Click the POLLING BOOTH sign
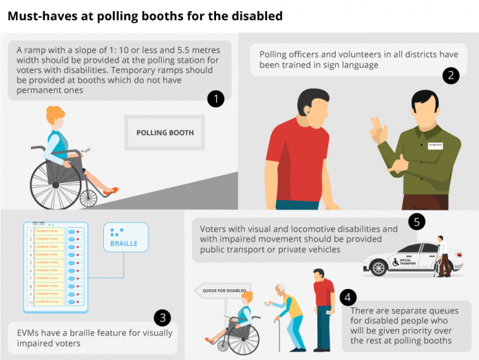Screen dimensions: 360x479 pyautogui.click(x=164, y=132)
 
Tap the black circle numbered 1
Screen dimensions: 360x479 pyautogui.click(x=216, y=99)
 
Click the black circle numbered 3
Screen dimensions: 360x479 pyautogui.click(x=162, y=317)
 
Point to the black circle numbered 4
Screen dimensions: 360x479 pyautogui.click(x=349, y=297)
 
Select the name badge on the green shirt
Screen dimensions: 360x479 pyautogui.click(x=436, y=146)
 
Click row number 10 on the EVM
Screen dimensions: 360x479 pyautogui.click(x=30, y=302)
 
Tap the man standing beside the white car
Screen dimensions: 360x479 pyautogui.click(x=443, y=255)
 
